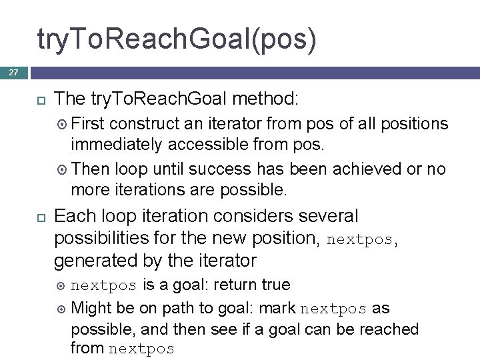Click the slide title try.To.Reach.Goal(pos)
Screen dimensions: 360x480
[x=177, y=39]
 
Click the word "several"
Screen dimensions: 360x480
[x=331, y=216]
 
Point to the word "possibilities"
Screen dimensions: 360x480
[x=102, y=238]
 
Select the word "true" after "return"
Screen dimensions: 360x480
[x=275, y=285]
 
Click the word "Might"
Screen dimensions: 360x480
[x=91, y=309]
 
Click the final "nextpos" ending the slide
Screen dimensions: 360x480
[x=141, y=349]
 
